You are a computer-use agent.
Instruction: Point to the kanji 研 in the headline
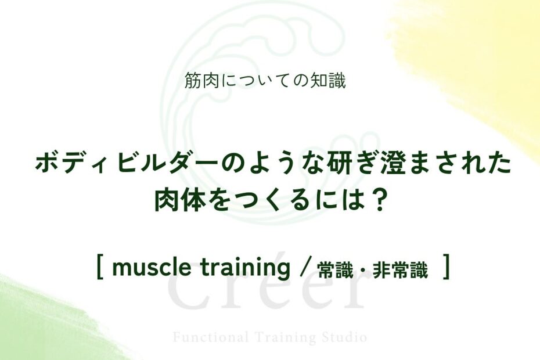[329, 163]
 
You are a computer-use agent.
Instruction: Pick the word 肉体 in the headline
[177, 200]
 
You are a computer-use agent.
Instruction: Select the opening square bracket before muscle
[100, 267]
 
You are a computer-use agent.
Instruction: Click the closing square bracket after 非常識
[447, 267]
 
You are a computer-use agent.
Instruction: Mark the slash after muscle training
[303, 268]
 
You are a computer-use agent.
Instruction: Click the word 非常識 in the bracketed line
[401, 270]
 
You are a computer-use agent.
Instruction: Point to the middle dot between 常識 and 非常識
[363, 271]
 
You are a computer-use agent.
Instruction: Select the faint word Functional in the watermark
[210, 337]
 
